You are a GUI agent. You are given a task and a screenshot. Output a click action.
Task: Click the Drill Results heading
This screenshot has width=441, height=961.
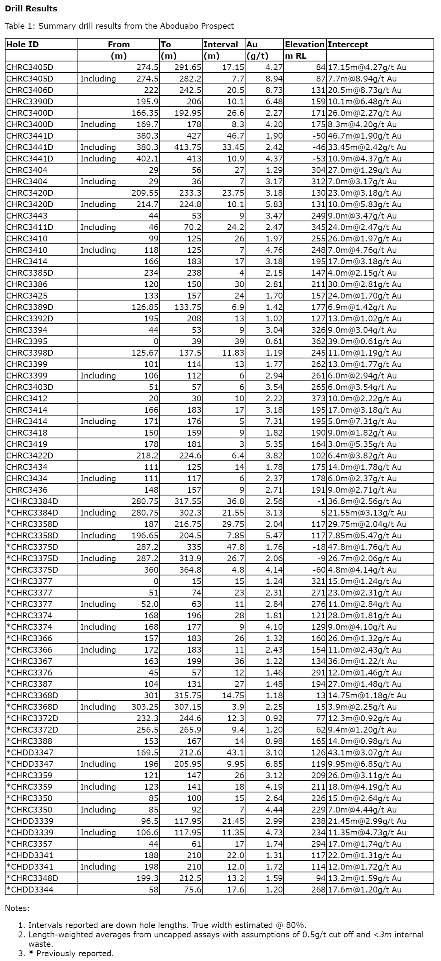31,9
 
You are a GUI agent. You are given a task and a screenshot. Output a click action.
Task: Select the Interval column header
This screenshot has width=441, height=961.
220,44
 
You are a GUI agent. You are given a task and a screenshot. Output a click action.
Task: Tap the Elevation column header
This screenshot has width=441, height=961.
304,44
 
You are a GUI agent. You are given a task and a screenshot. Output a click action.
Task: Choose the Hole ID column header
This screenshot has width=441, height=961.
22,44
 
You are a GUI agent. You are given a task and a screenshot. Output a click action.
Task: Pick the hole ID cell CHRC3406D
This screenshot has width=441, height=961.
30,90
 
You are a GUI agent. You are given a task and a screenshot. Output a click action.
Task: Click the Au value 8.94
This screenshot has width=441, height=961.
274,78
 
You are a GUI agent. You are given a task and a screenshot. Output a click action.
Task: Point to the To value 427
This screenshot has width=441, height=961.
194,135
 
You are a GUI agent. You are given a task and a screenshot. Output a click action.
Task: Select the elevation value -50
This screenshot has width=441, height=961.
318,135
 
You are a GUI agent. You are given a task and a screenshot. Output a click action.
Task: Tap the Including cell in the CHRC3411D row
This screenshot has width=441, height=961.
98,227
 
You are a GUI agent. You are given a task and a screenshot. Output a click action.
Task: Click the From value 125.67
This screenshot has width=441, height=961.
145,352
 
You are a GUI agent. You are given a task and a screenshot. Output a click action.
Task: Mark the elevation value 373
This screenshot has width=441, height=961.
318,398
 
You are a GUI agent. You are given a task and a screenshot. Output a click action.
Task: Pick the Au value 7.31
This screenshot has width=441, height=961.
274,421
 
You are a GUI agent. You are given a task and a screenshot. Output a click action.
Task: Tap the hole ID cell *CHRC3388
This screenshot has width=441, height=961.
30,741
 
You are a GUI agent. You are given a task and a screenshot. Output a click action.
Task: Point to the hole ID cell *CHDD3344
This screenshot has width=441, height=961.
30,878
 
